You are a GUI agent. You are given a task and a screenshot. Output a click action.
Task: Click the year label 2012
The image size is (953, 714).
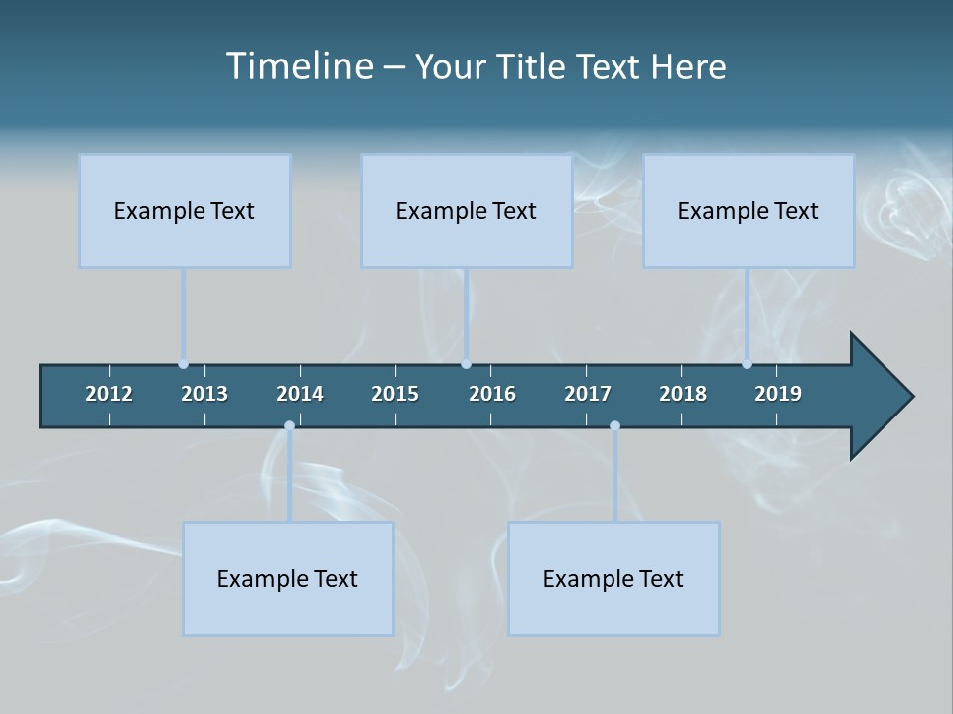point(109,394)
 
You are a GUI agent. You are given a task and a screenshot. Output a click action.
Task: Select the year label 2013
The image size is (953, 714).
point(204,394)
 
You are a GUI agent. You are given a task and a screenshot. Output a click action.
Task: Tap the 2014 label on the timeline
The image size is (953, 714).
point(300,394)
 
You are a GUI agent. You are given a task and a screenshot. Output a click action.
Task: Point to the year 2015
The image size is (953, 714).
point(395,394)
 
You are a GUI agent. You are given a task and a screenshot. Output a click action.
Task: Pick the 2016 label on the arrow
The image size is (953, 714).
point(492,394)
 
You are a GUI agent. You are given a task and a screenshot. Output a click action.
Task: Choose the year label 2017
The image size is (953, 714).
point(588,394)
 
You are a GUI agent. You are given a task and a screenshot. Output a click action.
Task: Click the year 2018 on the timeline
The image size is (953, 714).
point(683,394)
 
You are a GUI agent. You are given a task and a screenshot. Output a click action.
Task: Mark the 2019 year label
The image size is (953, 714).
point(778,394)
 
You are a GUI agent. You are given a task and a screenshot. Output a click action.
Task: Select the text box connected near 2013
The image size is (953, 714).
point(185,210)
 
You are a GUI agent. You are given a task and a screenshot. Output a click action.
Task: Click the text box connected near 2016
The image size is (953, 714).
point(467,210)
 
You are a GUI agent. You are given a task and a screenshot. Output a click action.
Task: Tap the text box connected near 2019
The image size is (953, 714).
point(749,210)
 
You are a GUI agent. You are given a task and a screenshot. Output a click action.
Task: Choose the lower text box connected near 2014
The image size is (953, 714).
point(288,578)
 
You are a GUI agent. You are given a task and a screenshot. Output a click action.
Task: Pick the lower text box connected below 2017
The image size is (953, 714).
point(613,578)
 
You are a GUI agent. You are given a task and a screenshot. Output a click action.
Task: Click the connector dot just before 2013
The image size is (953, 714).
point(183,364)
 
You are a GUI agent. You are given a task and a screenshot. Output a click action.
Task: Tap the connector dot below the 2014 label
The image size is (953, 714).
point(289,426)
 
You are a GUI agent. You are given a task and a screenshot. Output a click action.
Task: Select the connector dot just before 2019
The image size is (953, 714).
point(747,364)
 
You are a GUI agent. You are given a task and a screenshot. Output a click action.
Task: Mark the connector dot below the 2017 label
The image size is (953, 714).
point(614,426)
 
